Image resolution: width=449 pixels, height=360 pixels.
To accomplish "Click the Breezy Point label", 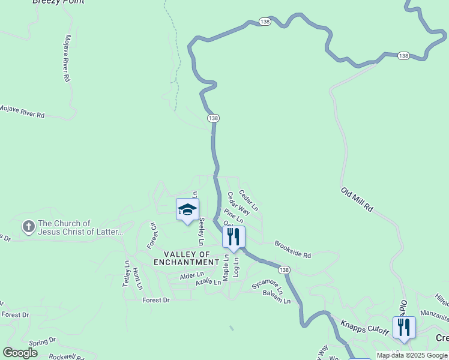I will click(x=58, y=2).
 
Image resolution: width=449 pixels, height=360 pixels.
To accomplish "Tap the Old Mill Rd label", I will click(x=357, y=200).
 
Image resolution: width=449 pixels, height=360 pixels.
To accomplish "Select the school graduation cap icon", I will click(x=187, y=210).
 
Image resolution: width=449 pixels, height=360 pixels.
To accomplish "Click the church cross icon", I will click(x=28, y=227).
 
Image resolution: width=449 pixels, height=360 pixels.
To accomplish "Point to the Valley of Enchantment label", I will click(x=187, y=257).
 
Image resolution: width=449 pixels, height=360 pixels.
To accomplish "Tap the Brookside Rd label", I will click(x=292, y=250).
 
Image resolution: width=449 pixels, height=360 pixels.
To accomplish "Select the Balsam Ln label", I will click(x=277, y=298).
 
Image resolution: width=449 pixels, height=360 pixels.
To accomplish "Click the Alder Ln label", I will click(x=192, y=276).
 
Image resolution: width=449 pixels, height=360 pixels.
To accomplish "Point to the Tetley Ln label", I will click(x=127, y=274).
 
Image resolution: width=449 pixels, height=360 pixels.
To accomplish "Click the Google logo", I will click(x=20, y=353).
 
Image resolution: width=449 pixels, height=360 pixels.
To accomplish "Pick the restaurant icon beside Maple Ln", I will click(x=234, y=237).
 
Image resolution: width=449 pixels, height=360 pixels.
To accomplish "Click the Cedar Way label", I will click(x=238, y=203).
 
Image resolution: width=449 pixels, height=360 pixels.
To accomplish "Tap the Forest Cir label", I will click(x=152, y=236).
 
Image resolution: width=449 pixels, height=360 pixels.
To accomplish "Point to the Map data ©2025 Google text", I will click(x=412, y=355).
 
